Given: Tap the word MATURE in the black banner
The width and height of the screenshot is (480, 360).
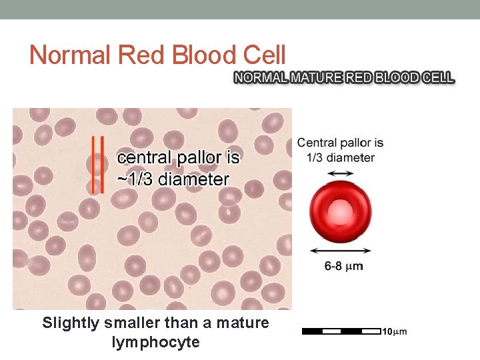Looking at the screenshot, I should pos(316,78).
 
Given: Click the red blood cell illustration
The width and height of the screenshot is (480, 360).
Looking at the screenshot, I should pos(342,213).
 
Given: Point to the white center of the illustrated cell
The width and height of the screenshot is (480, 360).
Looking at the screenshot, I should pos(342,213).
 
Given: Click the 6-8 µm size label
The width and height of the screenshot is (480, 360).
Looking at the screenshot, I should pos(343,266).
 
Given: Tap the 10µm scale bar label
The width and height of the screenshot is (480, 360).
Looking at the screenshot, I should pos(394,331).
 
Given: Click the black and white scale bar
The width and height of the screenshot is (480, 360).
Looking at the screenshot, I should pos(341,331).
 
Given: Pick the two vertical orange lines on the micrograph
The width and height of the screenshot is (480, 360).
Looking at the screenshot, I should pos(97,165).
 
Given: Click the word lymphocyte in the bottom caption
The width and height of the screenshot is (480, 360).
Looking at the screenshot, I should pos(156,343).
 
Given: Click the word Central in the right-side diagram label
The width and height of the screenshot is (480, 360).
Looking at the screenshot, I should pos(319,143).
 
